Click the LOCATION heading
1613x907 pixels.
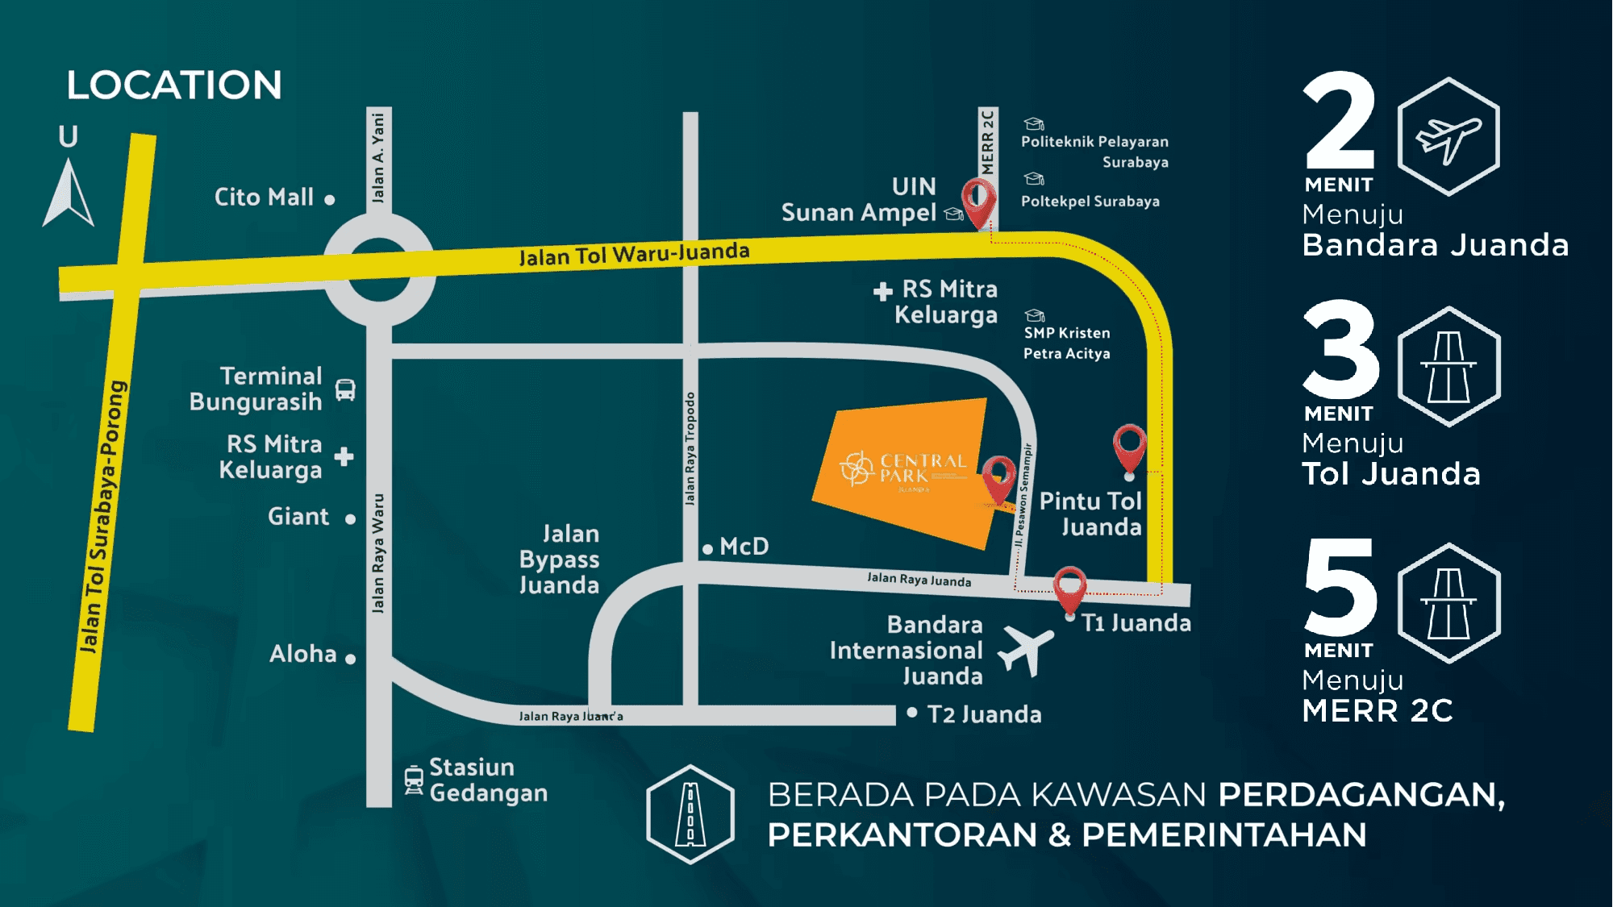coord(174,85)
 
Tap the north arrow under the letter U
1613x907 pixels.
coord(69,193)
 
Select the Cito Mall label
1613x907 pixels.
coord(264,198)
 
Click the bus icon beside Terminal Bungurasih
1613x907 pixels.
coord(345,390)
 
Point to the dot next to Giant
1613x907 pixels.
coord(350,519)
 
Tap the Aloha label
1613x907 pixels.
coord(303,654)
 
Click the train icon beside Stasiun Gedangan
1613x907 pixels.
coord(414,780)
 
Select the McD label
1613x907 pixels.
coord(744,547)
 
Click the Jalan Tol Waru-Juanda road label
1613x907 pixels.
coord(634,254)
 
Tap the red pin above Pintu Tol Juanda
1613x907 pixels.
coord(1129,447)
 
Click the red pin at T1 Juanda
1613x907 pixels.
coord(1069,589)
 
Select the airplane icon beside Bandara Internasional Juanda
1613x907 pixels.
coord(1026,650)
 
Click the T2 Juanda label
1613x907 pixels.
coord(984,714)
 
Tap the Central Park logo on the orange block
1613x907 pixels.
coord(902,470)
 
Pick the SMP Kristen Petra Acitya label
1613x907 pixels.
coord(1066,343)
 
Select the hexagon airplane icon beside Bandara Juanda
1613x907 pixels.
coord(1448,137)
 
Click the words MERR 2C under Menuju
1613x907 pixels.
coord(1378,711)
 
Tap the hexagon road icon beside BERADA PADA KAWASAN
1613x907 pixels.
coord(690,814)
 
